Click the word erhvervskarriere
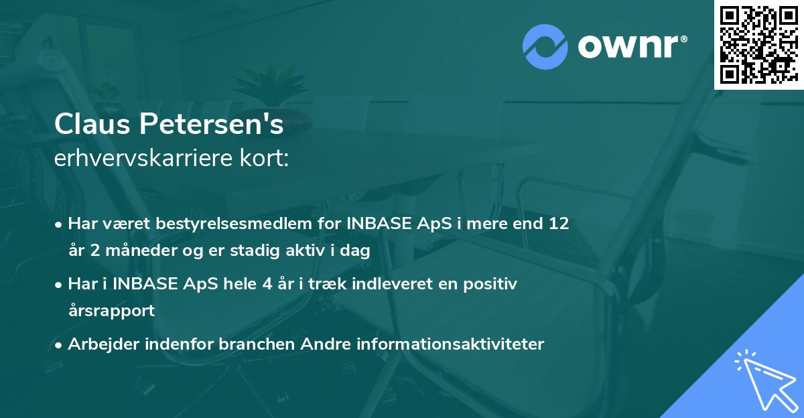(x=139, y=160)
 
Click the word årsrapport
(x=111, y=311)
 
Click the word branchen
(x=257, y=344)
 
